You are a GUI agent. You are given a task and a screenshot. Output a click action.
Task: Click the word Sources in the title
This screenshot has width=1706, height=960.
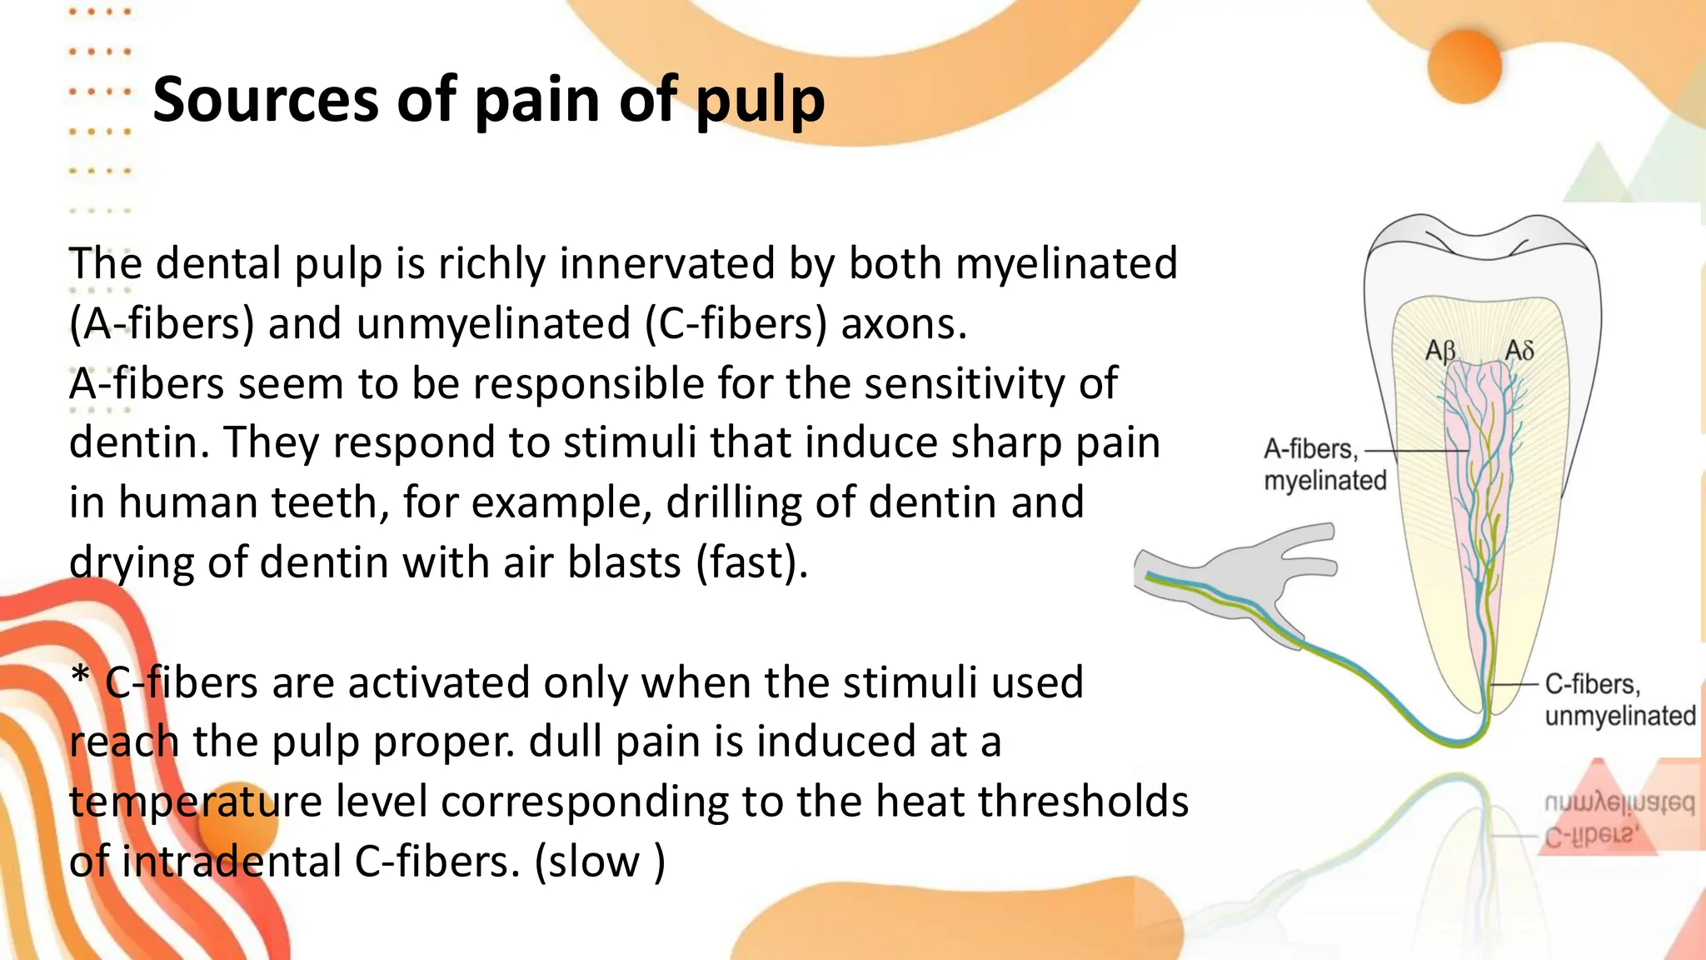(x=266, y=100)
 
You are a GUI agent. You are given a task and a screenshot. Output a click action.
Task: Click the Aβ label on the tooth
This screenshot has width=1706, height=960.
(x=1440, y=350)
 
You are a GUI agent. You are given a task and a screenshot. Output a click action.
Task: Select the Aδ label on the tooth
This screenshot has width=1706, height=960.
(x=1519, y=350)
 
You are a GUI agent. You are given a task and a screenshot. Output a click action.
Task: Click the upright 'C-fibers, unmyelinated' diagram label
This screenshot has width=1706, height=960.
(x=1619, y=700)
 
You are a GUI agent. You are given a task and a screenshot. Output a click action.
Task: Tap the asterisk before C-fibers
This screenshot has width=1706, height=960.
(x=80, y=678)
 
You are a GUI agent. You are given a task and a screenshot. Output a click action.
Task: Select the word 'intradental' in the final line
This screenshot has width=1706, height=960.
(x=232, y=862)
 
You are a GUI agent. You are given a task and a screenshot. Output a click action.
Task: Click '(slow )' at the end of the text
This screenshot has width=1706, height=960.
(x=600, y=862)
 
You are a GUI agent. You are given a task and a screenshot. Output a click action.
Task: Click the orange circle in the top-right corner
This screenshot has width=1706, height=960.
(x=1464, y=67)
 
